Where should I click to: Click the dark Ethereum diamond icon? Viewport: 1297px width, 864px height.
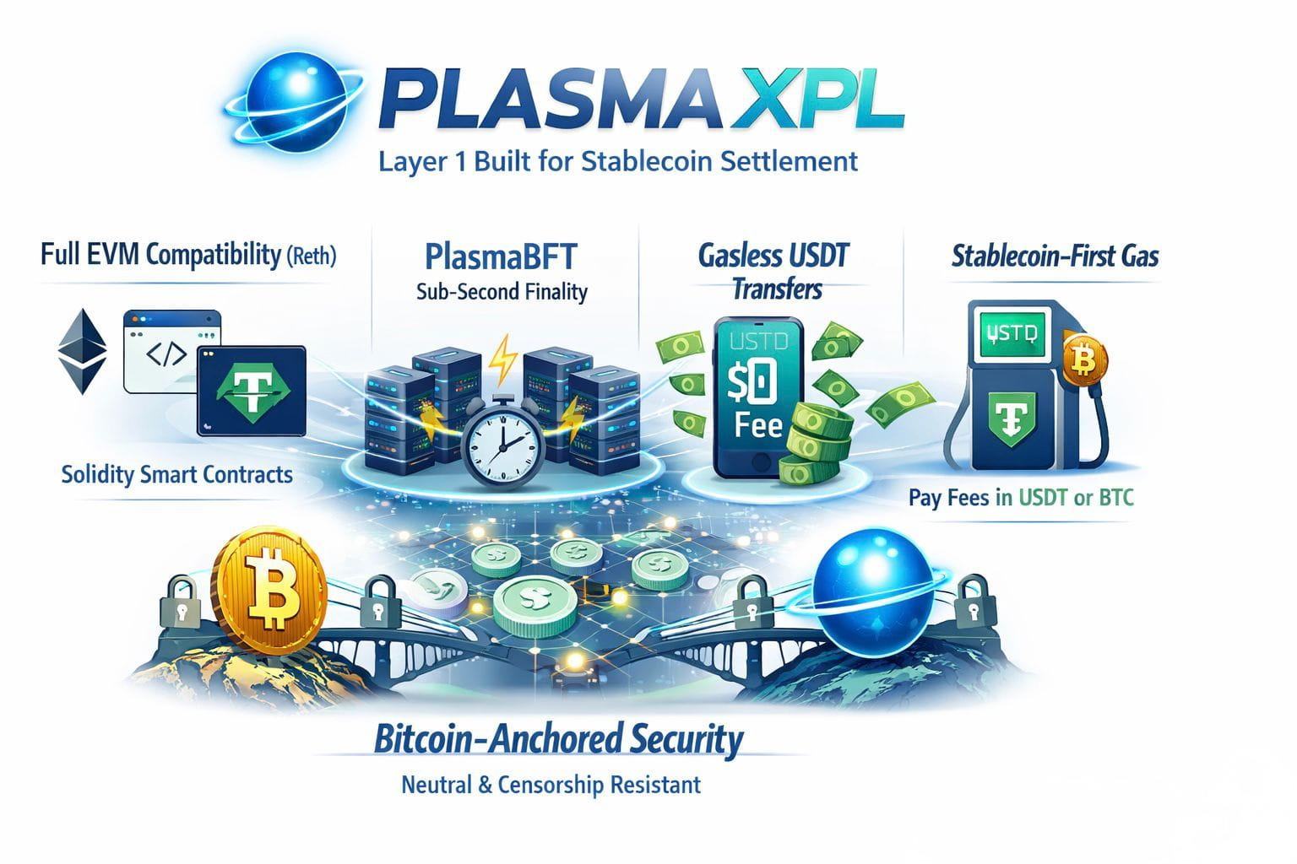82,352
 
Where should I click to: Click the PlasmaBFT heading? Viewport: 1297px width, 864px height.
502,255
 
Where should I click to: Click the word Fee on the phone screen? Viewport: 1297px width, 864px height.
758,424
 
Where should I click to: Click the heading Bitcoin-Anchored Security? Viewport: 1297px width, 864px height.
558,740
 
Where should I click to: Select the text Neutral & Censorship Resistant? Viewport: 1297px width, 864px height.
551,786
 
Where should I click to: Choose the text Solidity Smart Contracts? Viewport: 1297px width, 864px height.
177,474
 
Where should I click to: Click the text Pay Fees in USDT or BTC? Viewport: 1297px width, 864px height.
1021,498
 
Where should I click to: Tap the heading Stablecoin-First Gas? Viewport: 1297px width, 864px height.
1055,255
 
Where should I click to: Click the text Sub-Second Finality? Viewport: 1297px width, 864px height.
502,292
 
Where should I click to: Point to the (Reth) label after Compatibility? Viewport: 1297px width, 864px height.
312,256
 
